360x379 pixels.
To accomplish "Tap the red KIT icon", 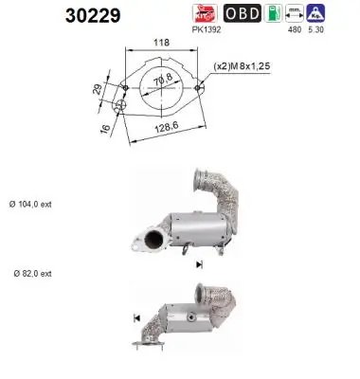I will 205,13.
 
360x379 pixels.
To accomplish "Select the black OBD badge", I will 242,13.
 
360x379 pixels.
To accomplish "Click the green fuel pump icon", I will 275,13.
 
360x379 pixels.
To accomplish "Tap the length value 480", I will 293,29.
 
